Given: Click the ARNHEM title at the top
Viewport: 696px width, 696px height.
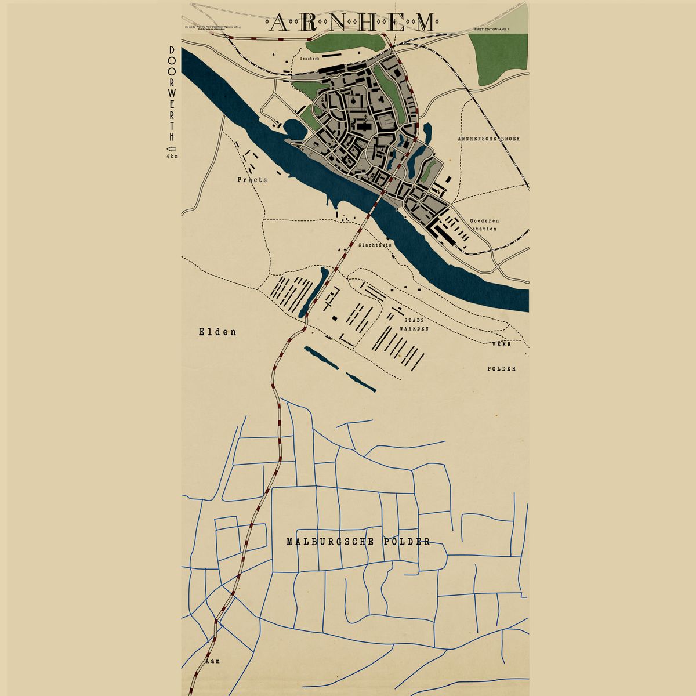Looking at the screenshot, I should tap(352, 23).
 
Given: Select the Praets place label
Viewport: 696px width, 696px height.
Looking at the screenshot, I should tap(252, 180).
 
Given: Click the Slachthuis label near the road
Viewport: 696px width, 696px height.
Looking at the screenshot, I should tap(375, 245).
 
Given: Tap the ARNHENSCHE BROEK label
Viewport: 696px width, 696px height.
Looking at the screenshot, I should tap(488, 139).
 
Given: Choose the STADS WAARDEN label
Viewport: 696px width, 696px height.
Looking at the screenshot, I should tap(414, 324).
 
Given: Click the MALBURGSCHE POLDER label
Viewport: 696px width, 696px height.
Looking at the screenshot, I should tap(358, 542).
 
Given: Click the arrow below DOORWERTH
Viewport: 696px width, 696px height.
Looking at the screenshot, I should tap(172, 148).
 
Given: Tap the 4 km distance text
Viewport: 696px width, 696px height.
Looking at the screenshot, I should tap(172, 157).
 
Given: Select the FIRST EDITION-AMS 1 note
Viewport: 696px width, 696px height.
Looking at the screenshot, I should tap(490, 28).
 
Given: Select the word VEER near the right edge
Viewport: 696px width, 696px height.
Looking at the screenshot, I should tap(501, 344).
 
